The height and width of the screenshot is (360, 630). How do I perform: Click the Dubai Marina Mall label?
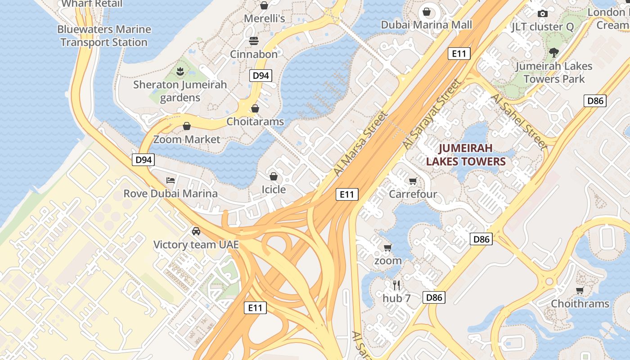427,25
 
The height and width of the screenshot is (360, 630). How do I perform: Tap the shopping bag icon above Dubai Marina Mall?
427,12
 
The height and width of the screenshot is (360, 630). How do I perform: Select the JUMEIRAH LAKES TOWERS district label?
466,155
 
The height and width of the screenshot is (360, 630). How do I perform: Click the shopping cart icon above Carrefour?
413,181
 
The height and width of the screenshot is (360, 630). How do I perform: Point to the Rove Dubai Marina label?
171,194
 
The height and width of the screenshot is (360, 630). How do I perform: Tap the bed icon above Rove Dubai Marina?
171,180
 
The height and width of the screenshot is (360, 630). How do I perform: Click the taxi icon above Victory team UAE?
196,231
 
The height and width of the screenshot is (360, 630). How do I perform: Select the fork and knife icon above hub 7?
396,285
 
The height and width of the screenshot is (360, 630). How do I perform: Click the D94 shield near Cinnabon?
261,76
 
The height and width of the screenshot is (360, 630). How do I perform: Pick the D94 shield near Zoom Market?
144,160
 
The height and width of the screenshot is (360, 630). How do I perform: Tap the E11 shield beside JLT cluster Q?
459,54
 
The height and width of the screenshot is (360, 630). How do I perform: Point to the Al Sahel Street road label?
519,121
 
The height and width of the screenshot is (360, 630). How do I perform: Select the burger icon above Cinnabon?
254,41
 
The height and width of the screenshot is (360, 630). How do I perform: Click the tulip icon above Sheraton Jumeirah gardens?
180,71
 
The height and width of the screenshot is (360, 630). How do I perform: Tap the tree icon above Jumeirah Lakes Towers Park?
554,53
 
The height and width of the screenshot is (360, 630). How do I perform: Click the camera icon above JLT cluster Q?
543,13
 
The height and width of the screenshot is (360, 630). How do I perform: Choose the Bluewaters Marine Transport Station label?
104,36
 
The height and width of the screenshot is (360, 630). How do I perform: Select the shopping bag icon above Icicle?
274,176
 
